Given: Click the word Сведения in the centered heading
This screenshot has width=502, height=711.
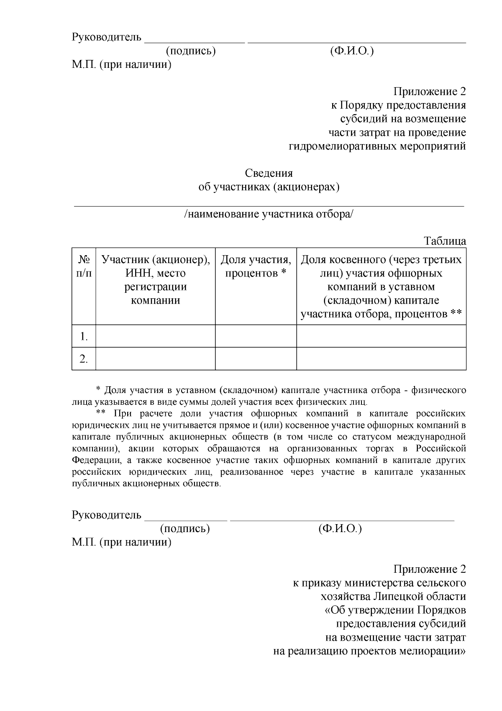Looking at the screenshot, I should click(x=269, y=173).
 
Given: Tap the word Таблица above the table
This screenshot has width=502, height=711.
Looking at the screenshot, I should click(x=445, y=241).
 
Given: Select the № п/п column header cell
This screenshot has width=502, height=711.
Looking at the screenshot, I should click(x=84, y=286).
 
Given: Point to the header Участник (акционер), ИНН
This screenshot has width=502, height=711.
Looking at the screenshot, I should click(x=155, y=266).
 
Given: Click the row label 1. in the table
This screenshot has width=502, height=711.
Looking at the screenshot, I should click(x=84, y=336).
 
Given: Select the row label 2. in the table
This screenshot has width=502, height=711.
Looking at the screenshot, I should click(x=84, y=359).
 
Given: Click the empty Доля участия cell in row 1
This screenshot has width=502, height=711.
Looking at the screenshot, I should click(x=256, y=336).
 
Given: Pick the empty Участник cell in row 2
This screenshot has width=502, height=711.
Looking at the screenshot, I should click(x=155, y=359).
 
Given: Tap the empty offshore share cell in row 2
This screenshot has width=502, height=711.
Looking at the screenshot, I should click(x=381, y=359).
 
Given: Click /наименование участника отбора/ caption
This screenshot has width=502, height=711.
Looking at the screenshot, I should click(x=269, y=214).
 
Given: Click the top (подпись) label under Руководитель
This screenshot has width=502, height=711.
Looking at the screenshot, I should click(x=191, y=51).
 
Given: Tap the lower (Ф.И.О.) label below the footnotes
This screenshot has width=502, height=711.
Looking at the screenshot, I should click(x=340, y=528).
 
